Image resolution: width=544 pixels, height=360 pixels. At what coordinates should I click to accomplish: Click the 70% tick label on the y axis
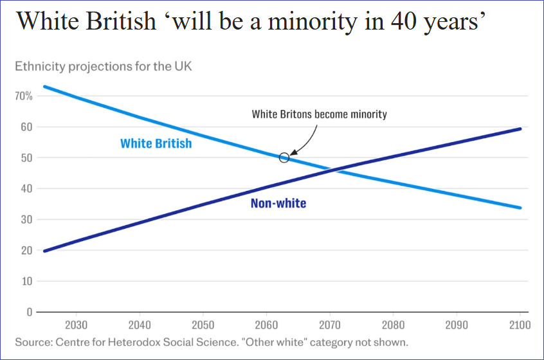(x=24, y=96)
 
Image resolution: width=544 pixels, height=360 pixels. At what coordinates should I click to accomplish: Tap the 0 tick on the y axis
(x=29, y=312)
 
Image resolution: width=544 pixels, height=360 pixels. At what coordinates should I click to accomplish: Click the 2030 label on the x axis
(x=76, y=325)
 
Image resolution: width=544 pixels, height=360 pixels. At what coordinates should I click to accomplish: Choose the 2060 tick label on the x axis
(x=266, y=325)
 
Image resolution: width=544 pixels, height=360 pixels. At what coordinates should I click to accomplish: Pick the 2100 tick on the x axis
(x=520, y=325)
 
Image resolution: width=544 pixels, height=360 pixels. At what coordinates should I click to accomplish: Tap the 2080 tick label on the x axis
(x=393, y=325)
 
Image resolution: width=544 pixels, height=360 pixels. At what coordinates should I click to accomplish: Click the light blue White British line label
(x=156, y=143)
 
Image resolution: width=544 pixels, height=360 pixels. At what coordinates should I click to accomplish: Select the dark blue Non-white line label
(x=278, y=204)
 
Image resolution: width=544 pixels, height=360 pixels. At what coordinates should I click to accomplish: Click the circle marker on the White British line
(x=284, y=157)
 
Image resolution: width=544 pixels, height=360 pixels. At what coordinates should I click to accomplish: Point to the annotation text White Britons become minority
(x=319, y=114)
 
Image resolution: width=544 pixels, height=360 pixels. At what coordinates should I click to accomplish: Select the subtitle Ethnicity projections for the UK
(x=103, y=66)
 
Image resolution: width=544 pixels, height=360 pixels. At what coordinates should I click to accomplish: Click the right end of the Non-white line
(x=520, y=129)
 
